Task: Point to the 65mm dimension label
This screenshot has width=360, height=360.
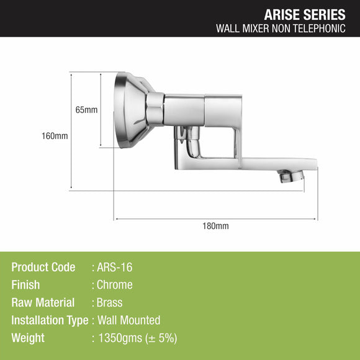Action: pos(86,110)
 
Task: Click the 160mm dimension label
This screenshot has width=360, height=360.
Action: pos(56,136)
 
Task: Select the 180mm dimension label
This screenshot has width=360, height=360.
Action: pos(215,226)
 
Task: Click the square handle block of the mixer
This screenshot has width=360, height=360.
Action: pos(222,111)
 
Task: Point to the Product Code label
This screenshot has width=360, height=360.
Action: pos(43,268)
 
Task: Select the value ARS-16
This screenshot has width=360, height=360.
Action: pos(115,268)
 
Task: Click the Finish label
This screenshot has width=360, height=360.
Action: pos(25,285)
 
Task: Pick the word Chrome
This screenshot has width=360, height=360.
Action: pos(115,285)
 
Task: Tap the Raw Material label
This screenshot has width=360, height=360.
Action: pos(43,303)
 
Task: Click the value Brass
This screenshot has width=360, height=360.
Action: pos(110,303)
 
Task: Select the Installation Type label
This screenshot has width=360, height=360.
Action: pos(50,320)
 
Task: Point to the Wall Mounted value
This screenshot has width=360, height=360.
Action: pos(128,320)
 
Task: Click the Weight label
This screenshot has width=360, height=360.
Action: pos(28,338)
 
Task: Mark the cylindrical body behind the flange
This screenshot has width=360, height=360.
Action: pos(182,110)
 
